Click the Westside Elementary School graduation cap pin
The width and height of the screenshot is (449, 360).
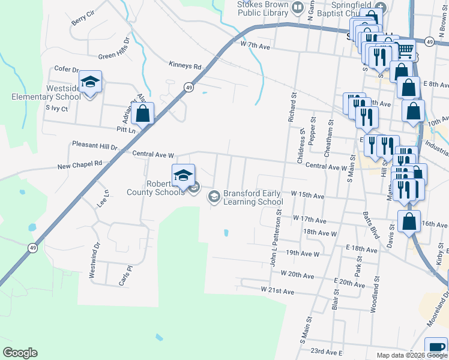[x=90, y=83]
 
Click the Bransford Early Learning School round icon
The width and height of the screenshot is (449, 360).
[x=213, y=196]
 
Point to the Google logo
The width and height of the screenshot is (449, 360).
[x=20, y=353]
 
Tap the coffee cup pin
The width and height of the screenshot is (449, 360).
[x=436, y=349]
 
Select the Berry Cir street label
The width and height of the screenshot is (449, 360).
[x=83, y=17]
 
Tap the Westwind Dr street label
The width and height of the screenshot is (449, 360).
[x=93, y=265]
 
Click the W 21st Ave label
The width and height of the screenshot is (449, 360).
[x=277, y=291]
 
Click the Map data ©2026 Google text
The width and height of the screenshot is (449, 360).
[x=410, y=355]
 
